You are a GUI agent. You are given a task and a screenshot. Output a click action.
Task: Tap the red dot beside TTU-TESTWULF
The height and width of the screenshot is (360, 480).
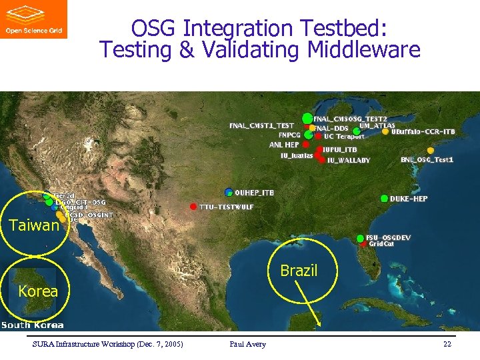193,206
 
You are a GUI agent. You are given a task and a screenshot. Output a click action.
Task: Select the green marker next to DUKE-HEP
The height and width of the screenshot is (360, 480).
385,199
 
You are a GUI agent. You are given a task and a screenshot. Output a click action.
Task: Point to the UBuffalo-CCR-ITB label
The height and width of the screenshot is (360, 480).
423,132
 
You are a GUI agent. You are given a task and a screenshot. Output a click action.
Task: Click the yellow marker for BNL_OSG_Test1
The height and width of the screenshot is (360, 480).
431,151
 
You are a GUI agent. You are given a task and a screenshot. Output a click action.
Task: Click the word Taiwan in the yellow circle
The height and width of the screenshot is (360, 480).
34,225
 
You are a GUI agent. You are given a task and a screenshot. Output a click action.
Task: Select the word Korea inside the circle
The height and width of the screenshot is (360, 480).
38,291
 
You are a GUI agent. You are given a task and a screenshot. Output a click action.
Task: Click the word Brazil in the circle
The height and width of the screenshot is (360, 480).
299,271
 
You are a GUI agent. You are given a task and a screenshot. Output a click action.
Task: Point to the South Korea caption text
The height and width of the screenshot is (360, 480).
32,325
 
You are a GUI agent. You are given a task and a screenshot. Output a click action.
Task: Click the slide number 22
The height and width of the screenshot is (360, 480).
446,344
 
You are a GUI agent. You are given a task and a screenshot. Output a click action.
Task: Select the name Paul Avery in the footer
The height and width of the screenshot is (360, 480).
247,344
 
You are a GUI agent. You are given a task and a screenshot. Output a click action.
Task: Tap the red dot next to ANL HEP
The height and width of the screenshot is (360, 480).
305,144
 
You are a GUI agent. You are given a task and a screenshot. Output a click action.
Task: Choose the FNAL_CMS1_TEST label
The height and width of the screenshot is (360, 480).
261,125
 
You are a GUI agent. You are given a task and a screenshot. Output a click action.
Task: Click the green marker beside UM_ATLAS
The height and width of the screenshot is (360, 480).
357,131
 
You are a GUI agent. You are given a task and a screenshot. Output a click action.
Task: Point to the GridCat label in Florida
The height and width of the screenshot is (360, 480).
382,244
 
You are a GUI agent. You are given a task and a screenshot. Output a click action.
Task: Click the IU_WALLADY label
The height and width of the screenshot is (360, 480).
349,161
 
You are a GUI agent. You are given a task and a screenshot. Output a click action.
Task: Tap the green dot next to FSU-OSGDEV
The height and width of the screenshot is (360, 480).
361,238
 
